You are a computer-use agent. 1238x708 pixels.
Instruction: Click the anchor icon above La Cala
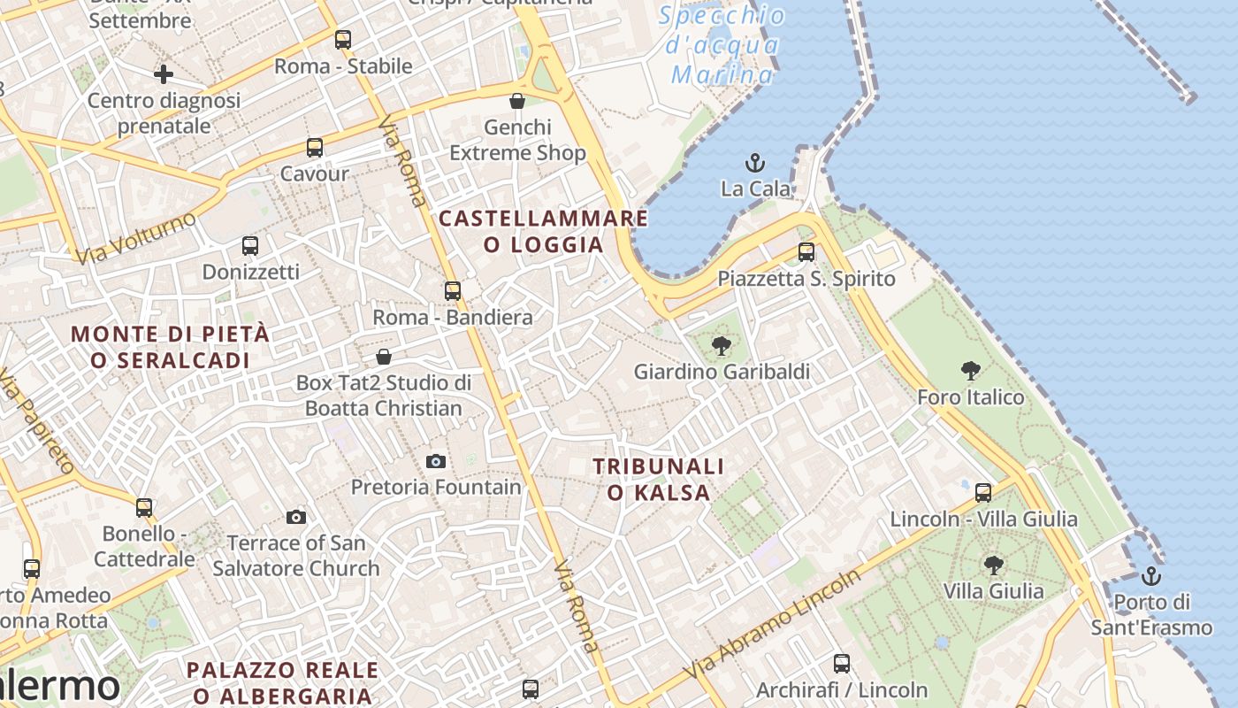[755, 163]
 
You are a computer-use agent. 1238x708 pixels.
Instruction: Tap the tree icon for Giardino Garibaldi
[722, 345]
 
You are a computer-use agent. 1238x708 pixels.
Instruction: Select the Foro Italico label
[970, 396]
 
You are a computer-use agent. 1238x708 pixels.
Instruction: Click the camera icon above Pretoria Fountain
[435, 461]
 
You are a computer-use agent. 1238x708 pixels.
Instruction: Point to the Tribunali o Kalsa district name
[658, 479]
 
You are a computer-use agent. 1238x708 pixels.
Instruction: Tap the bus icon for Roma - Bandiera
[453, 290]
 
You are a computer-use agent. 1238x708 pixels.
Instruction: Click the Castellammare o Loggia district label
[544, 231]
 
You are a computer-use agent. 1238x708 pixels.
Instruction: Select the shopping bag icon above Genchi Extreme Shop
[517, 101]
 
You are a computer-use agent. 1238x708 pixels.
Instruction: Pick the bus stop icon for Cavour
[315, 147]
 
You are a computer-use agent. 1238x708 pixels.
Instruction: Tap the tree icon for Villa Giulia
[993, 565]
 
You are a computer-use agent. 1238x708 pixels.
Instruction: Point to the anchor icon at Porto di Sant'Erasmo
[1150, 577]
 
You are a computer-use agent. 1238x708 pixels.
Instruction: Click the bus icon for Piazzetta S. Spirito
[806, 251]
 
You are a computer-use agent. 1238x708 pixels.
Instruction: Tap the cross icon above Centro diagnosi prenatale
[164, 74]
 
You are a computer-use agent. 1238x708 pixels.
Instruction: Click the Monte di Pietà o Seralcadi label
[170, 347]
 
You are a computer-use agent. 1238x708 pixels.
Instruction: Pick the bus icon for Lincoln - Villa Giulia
[983, 492]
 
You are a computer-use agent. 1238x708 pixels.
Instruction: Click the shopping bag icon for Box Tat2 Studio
[384, 357]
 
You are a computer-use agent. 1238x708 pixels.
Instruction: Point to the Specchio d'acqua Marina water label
[722, 44]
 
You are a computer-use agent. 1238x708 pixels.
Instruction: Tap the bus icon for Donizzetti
[250, 245]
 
